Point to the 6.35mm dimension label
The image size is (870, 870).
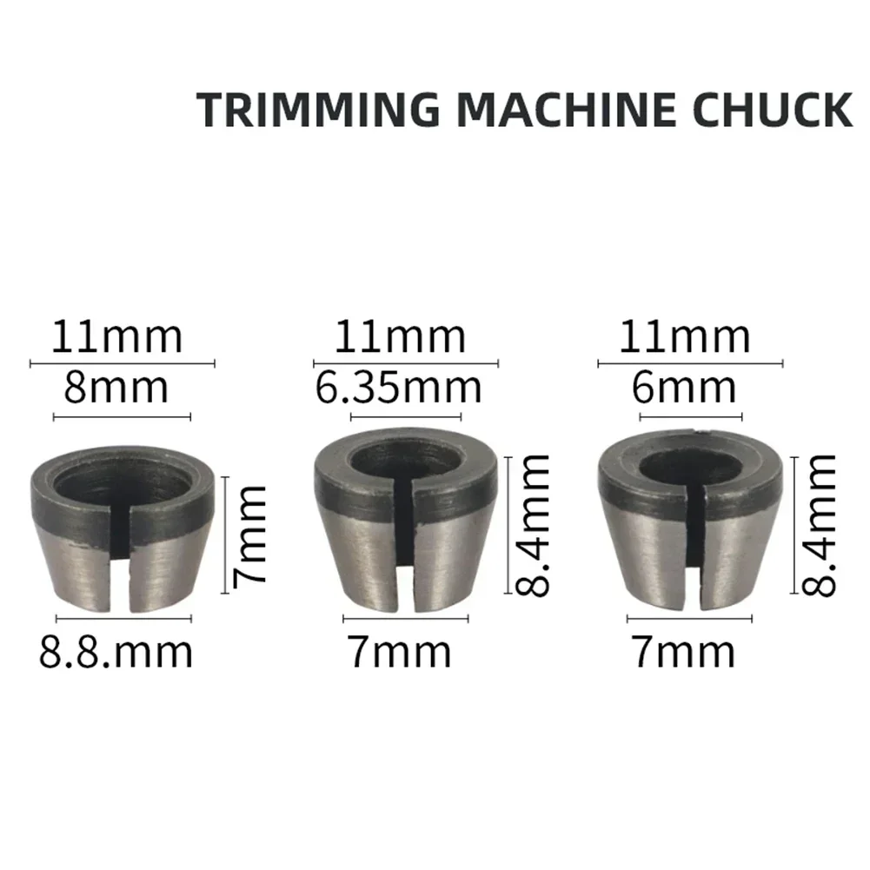[x=398, y=387]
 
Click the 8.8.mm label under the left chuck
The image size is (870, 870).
[x=116, y=651]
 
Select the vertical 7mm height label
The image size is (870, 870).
[x=251, y=535]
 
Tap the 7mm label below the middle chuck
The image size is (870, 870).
[x=400, y=651]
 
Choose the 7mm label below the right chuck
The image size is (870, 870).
[x=683, y=651]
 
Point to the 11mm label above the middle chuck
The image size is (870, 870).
[x=400, y=337]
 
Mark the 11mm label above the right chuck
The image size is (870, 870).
[x=685, y=337]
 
